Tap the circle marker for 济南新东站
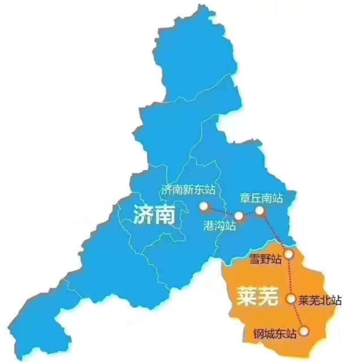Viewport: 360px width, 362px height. point(204,208)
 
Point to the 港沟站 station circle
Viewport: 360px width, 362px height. point(239,216)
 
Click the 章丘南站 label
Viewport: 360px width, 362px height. point(261,196)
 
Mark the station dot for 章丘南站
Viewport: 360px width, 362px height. point(260,211)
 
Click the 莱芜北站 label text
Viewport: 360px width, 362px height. point(320,300)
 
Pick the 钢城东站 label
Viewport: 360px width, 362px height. point(275,335)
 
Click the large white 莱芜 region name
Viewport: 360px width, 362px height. point(252,296)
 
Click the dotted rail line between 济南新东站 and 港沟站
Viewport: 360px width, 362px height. point(221,213)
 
